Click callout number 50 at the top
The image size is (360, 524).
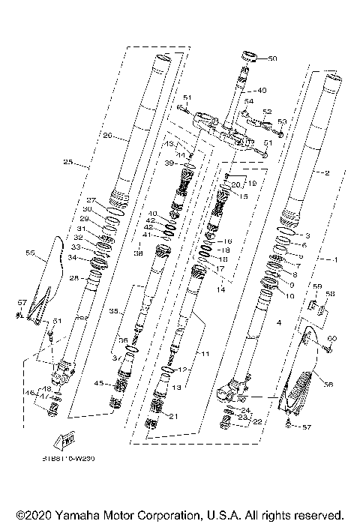pyautogui.click(x=272, y=58)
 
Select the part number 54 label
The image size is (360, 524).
pyautogui.click(x=248, y=101)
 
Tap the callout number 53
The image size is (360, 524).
pyautogui.click(x=281, y=121)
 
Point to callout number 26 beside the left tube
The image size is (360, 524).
pyautogui.click(x=108, y=136)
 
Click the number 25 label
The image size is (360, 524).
pyautogui.click(x=68, y=162)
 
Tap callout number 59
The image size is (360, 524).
pyautogui.click(x=316, y=286)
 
